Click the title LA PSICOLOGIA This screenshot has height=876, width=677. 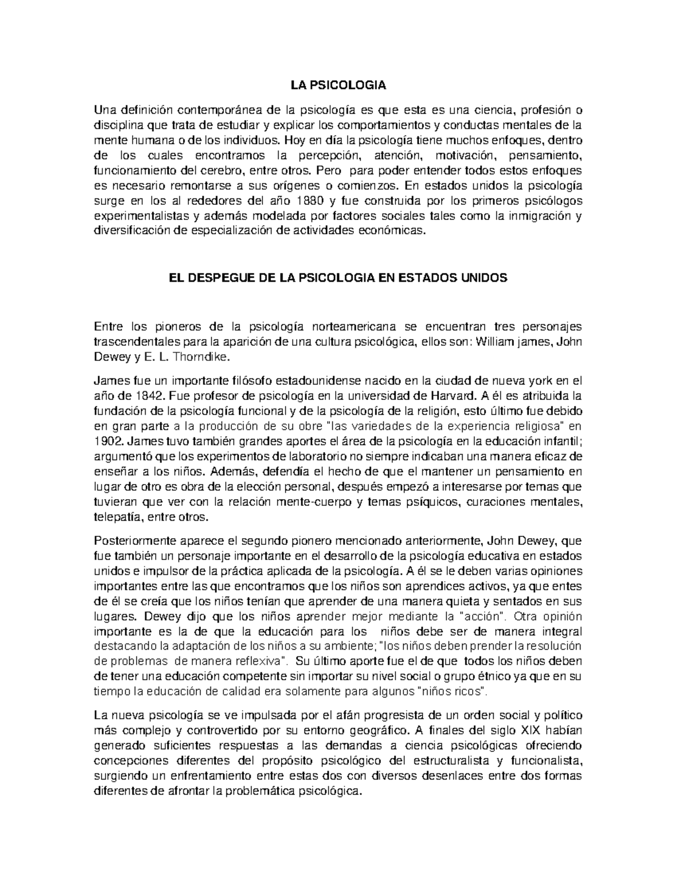[x=338, y=86]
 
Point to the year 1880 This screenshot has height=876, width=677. [x=311, y=201]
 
